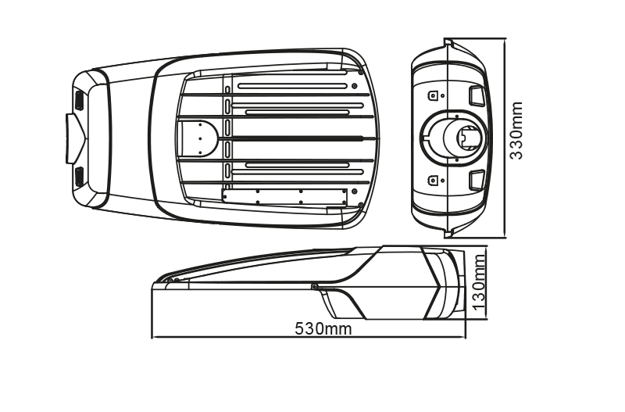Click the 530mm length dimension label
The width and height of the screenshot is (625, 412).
pos(323,329)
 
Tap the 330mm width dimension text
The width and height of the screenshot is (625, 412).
pos(516,131)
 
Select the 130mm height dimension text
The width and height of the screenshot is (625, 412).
pos(478,283)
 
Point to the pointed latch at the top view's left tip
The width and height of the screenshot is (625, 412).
pos(75,138)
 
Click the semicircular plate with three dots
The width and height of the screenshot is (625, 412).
pos(200,138)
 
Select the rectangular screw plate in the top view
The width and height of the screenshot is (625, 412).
pos(284,197)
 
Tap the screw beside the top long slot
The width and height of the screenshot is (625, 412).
pos(355,86)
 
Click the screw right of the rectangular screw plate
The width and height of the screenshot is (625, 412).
pos(354,192)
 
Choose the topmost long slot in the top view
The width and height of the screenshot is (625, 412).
pos(292,86)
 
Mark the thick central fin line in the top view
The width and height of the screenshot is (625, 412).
pos(290,139)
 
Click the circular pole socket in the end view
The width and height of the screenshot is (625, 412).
pos(465,138)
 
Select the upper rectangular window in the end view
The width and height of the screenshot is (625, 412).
pos(477,95)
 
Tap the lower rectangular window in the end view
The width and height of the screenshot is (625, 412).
pos(477,180)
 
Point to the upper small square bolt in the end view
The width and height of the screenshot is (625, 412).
pos(433,95)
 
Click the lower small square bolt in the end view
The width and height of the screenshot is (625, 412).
pos(433,181)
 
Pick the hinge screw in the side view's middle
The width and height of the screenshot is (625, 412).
pos(315,286)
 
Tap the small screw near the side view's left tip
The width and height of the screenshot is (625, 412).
pos(169,280)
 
